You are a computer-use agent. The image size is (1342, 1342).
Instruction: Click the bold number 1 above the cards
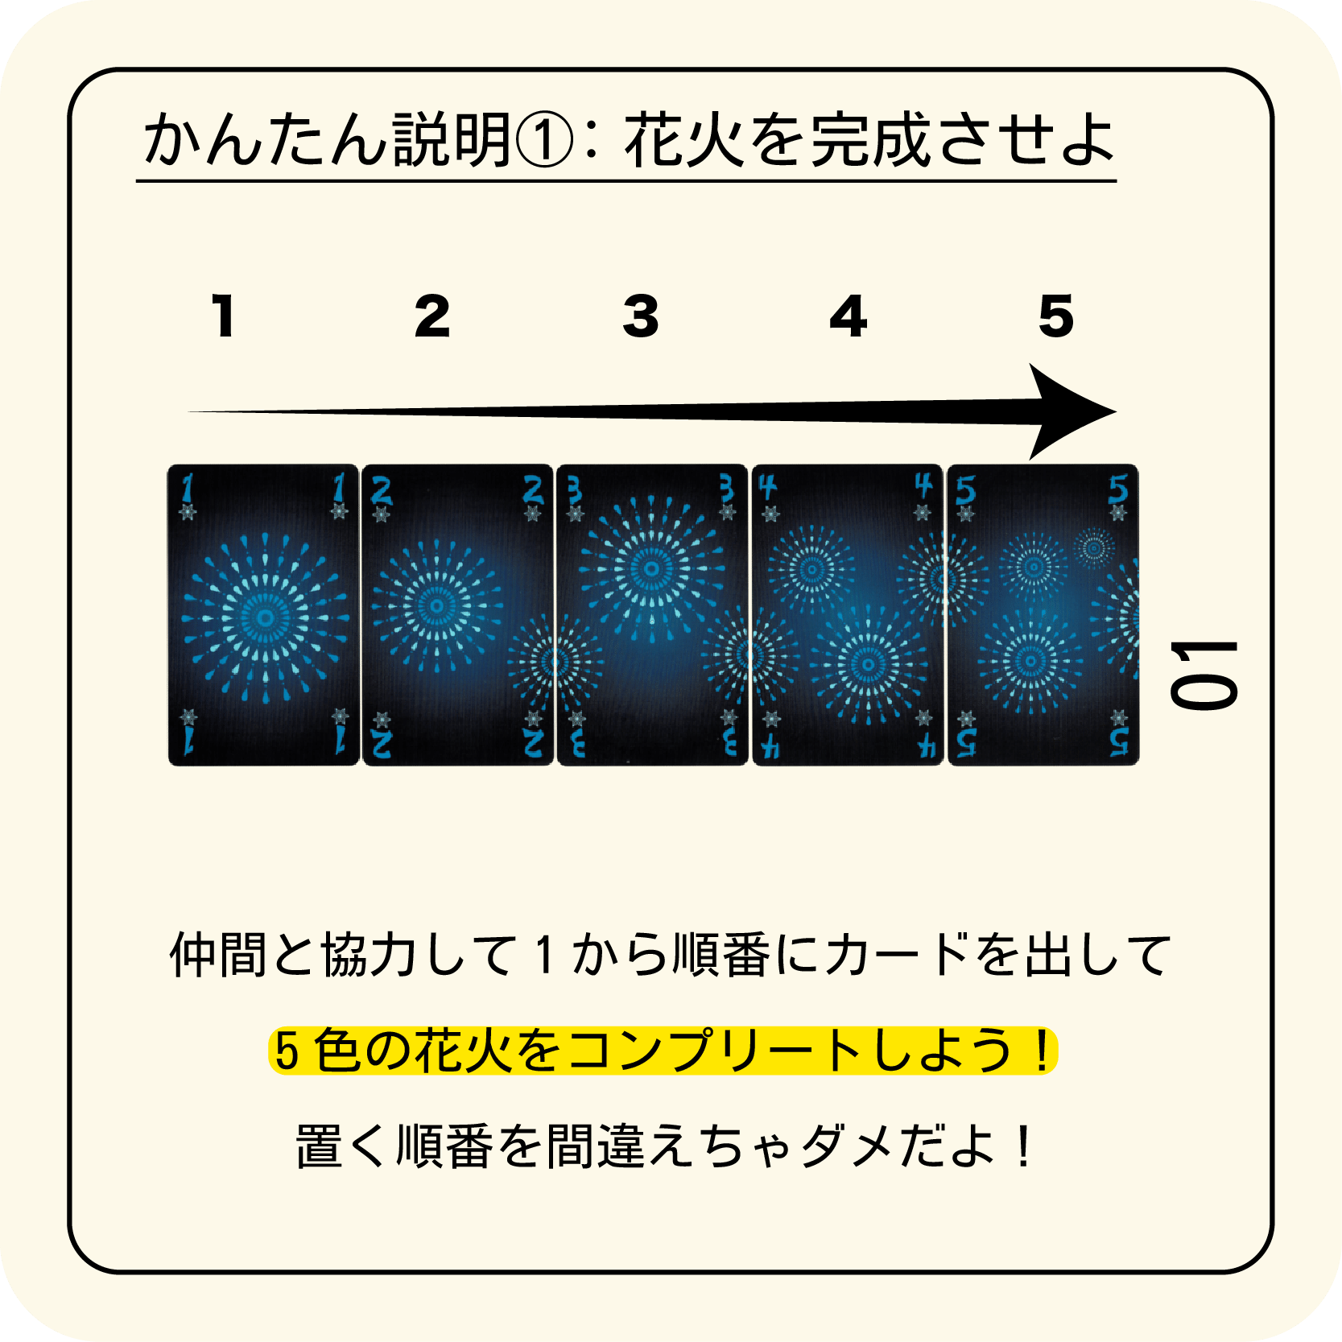224,316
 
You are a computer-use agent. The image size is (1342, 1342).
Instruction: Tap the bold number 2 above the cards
432,316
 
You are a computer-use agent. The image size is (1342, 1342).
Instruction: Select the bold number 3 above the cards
641,316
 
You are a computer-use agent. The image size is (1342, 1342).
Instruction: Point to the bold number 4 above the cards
849,316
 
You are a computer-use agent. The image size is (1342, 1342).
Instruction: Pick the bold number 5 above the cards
1056,316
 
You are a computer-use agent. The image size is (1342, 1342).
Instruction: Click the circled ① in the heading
543,140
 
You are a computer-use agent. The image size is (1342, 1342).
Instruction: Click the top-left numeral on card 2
381,489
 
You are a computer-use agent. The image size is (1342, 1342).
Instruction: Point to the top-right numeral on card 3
726,488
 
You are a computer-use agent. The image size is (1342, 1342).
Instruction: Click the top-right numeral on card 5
1118,489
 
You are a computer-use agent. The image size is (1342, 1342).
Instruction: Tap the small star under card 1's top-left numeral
188,512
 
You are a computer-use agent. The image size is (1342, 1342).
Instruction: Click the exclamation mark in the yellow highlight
1042,1051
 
